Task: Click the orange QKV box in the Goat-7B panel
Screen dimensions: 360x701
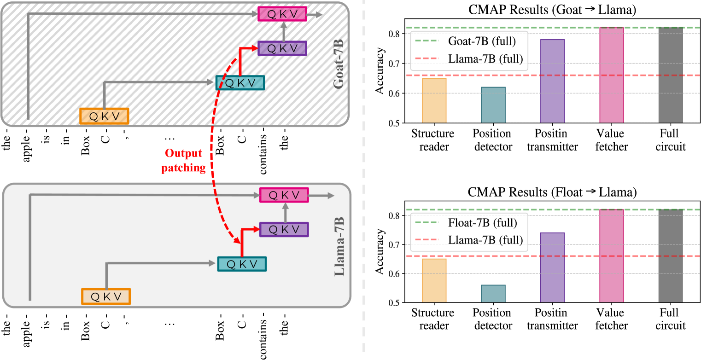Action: point(104,116)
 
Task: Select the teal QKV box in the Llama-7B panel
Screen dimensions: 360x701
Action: point(242,264)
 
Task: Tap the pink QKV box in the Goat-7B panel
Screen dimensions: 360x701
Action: point(282,14)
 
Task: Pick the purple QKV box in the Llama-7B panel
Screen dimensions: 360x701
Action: point(284,229)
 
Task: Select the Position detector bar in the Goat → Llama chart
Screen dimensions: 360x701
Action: point(492,105)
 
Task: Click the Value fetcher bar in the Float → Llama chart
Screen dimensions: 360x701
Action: point(611,256)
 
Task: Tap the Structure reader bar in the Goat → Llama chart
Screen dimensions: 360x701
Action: point(433,100)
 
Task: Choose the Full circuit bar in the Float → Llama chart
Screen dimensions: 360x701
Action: point(671,256)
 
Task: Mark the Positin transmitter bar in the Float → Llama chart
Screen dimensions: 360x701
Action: point(552,267)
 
